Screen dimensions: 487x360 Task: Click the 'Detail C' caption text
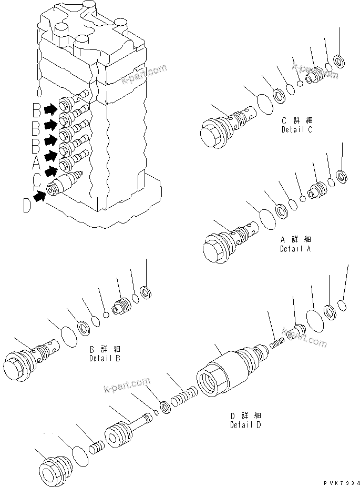(x=296, y=129)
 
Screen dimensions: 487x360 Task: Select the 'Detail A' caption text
(x=295, y=248)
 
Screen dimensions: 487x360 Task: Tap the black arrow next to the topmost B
(x=51, y=109)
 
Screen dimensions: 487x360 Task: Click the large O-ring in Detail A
(x=266, y=218)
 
